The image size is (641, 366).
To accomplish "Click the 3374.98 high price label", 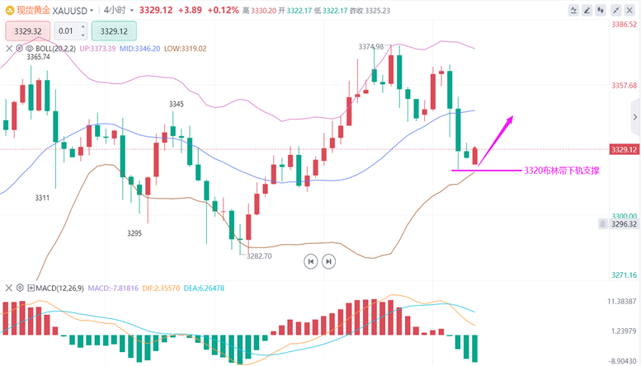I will [x=371, y=47].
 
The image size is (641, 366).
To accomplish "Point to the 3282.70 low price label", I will [x=259, y=256].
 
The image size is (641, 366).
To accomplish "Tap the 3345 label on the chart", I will [x=177, y=104].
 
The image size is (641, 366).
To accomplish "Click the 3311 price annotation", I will [x=42, y=198].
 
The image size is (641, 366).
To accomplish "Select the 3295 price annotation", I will [x=134, y=233].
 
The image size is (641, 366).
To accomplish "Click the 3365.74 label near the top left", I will [x=39, y=57].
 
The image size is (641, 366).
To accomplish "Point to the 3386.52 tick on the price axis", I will [x=624, y=25].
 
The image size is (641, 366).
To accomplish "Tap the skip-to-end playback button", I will [x=328, y=261].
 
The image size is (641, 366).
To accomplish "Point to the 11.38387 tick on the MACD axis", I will [x=623, y=302].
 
